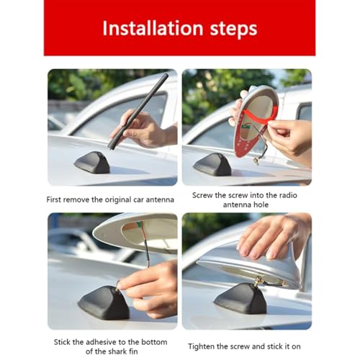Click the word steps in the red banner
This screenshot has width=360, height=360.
click(x=233, y=30)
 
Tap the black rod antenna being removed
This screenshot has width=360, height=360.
click(x=138, y=111)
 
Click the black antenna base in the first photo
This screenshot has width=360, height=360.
click(x=92, y=163)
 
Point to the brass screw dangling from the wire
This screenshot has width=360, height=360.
click(x=256, y=161)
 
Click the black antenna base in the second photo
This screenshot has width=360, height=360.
click(x=212, y=164)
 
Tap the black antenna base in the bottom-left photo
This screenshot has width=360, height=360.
click(x=104, y=302)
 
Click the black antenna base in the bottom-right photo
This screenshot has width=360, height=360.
click(x=240, y=298)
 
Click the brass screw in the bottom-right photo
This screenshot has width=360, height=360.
click(x=259, y=280)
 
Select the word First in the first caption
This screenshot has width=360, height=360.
click(x=54, y=199)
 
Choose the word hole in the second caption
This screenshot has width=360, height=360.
click(x=261, y=204)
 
